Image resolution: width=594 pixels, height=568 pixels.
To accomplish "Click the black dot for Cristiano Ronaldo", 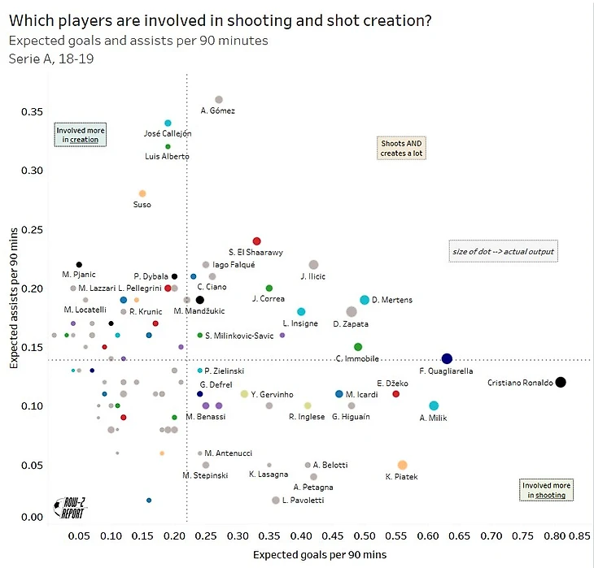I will tap(560, 382).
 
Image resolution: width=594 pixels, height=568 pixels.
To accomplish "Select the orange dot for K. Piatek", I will tap(402, 465).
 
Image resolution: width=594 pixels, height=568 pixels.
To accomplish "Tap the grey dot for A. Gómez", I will tap(219, 99).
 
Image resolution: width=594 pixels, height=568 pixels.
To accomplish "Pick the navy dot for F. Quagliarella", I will tap(447, 358).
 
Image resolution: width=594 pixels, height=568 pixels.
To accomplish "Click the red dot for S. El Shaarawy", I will tap(256, 241).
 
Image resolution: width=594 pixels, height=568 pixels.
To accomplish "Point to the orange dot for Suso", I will tap(142, 193).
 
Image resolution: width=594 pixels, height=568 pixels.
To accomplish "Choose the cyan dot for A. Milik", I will tap(434, 405).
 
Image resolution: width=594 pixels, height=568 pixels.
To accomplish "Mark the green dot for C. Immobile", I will tap(358, 347).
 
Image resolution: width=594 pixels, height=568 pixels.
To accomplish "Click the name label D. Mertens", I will tap(392, 300).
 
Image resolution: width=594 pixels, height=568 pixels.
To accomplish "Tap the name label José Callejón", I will tap(168, 133).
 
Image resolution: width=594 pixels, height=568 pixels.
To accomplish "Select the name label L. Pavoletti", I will tap(303, 501).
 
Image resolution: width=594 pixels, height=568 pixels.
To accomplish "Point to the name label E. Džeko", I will tap(391, 383).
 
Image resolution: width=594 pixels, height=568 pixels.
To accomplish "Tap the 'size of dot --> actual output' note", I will tap(504, 251).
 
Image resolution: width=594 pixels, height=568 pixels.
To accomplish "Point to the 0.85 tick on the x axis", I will tap(579, 536).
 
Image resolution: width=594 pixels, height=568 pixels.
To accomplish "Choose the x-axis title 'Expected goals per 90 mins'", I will tap(320, 555).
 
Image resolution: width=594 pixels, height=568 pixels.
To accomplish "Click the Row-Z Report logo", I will tap(70, 507).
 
